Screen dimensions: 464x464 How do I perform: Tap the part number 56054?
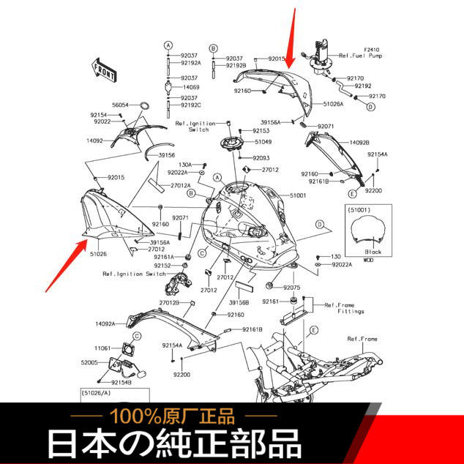[x=120, y=105]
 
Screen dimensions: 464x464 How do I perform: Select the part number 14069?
[x=190, y=87]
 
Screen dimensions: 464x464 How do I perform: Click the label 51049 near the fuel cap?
[x=262, y=141]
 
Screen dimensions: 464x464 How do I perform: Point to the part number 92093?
[x=261, y=157]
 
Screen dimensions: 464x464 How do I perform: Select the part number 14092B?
[x=359, y=143]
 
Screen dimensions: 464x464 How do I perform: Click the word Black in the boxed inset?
[x=373, y=251]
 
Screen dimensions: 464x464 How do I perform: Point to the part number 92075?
[x=292, y=288]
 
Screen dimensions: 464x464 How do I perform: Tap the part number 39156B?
[x=239, y=302]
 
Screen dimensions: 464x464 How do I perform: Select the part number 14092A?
[x=105, y=323]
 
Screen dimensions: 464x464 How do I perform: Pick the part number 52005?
[x=89, y=362]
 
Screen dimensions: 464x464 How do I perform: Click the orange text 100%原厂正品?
[x=173, y=417]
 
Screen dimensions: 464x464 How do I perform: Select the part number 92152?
[x=162, y=266]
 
